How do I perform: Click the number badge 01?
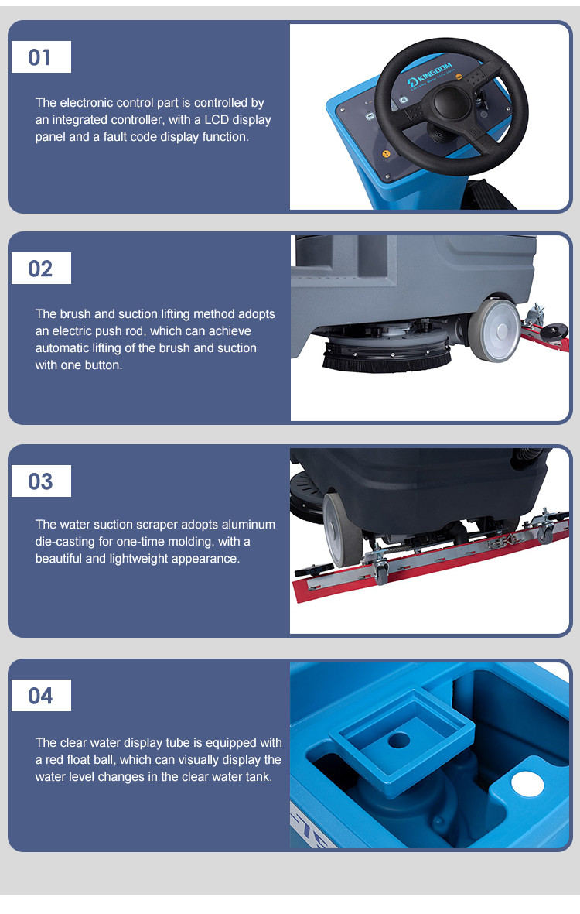coord(41,57)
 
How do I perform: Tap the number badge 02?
coord(41,268)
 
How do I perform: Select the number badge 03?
coord(41,481)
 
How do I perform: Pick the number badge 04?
coord(41,696)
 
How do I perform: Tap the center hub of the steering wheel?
coord(449,104)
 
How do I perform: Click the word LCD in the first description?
coord(217,119)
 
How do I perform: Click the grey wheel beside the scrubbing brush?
coord(496,330)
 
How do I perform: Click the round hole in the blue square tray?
coord(399,741)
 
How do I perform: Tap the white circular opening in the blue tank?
coord(527,784)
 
